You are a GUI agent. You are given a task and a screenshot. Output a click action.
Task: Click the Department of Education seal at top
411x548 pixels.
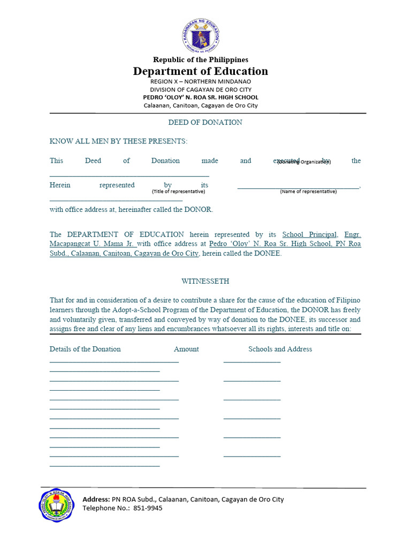tap(201, 36)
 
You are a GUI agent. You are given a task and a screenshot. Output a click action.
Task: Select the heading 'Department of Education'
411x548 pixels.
tap(201, 71)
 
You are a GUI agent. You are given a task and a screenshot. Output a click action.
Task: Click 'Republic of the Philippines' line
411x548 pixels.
tap(201, 59)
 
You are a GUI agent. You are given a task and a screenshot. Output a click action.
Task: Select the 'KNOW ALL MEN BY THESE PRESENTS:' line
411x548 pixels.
tap(119, 141)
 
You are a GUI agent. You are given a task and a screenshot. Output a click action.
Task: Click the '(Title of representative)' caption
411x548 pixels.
tap(178, 191)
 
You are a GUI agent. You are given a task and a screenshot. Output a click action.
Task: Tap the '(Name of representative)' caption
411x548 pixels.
tap(308, 191)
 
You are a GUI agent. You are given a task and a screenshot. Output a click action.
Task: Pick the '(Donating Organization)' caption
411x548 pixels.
tap(304, 162)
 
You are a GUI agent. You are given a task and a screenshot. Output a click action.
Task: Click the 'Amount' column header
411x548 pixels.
tap(186, 349)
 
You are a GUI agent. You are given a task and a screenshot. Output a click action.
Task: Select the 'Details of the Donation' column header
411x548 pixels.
tap(85, 349)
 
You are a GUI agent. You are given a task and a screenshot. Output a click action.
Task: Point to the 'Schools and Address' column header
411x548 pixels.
tap(280, 349)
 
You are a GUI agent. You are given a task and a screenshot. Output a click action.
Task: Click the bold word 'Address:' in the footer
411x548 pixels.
tap(96, 499)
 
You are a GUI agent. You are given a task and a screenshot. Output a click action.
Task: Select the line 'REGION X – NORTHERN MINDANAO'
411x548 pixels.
tap(201, 81)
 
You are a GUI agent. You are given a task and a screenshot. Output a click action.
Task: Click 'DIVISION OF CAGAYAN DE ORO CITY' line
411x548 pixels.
tap(201, 89)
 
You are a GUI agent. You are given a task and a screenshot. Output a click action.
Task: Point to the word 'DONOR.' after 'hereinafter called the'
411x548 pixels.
tap(199, 209)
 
